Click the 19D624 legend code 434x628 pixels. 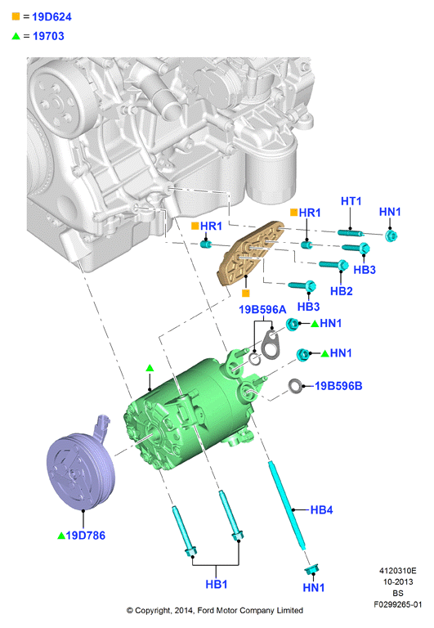[51, 17]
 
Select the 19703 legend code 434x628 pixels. [48, 36]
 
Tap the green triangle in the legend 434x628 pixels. [16, 36]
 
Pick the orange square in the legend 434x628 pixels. [16, 16]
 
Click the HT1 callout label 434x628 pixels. [351, 201]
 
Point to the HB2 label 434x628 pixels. [342, 291]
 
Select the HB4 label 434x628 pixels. [321, 510]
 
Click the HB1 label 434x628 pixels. [217, 585]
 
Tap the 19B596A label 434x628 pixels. [262, 310]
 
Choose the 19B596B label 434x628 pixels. [338, 386]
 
